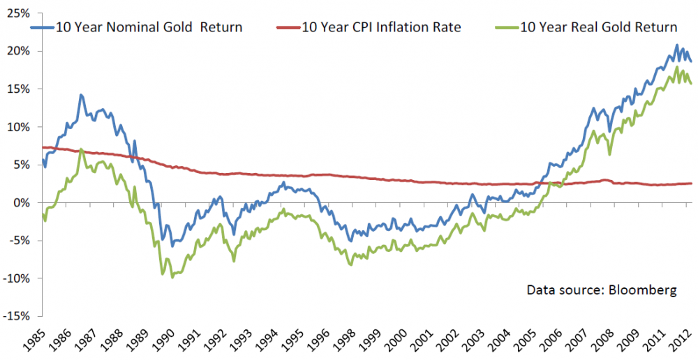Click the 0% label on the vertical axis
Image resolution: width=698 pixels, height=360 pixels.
[x=22, y=203]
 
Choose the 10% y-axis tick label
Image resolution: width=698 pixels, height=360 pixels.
[x=20, y=127]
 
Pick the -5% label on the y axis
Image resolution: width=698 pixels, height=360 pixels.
[x=20, y=241]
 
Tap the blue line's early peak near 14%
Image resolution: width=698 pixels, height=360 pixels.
[x=81, y=95]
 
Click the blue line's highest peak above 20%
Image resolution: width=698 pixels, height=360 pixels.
[x=676, y=46]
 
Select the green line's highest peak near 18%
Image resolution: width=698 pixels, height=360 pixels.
[x=676, y=68]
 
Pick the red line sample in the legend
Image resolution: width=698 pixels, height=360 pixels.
[x=287, y=28]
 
